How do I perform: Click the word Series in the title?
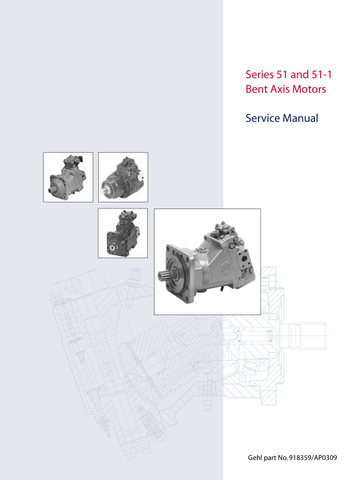260,74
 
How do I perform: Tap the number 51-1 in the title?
322,74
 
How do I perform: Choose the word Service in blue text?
263,118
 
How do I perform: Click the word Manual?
301,118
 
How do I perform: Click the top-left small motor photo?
68,177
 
